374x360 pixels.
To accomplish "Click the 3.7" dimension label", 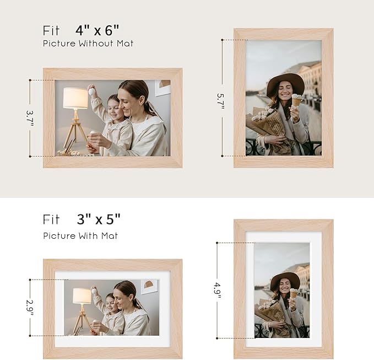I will click(x=30, y=119).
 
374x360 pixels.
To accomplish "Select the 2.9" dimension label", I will click(x=30, y=308).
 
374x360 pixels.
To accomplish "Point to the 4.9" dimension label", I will click(x=219, y=289).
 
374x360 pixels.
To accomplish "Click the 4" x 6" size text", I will click(x=97, y=30).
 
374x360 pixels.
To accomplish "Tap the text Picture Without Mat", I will click(x=88, y=43).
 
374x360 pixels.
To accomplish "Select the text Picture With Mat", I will click(x=80, y=235).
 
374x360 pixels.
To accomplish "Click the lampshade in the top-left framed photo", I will click(x=75, y=98).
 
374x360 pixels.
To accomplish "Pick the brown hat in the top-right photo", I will click(x=285, y=83).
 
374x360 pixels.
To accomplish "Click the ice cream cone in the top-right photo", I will click(x=297, y=101).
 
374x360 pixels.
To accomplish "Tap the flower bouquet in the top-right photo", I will click(x=267, y=122).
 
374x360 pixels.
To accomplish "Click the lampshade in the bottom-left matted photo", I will click(x=82, y=295).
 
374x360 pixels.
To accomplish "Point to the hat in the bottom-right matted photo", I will click(x=285, y=279).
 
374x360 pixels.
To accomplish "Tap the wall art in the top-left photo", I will click(x=163, y=87).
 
